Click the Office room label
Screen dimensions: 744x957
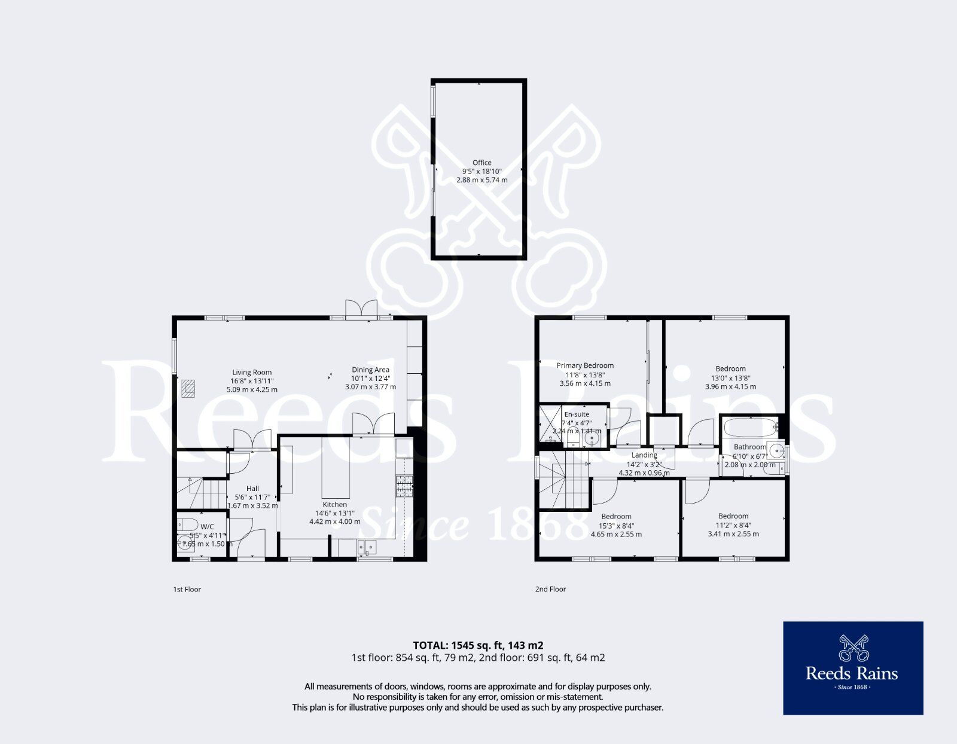481,163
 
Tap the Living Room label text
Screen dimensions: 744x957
252,372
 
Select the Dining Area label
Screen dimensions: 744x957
370,370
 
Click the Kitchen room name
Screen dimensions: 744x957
334,504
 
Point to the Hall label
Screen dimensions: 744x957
252,489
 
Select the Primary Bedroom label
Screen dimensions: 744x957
584,365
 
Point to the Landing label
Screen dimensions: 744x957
644,455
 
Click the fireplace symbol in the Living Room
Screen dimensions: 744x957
188,389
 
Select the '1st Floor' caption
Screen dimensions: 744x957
187,589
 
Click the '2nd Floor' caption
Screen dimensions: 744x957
550,589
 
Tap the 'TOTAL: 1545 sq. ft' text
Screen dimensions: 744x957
478,645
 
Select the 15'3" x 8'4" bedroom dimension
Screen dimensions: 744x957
616,526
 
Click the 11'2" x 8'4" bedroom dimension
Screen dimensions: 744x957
733,525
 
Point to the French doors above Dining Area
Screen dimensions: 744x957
361,309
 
